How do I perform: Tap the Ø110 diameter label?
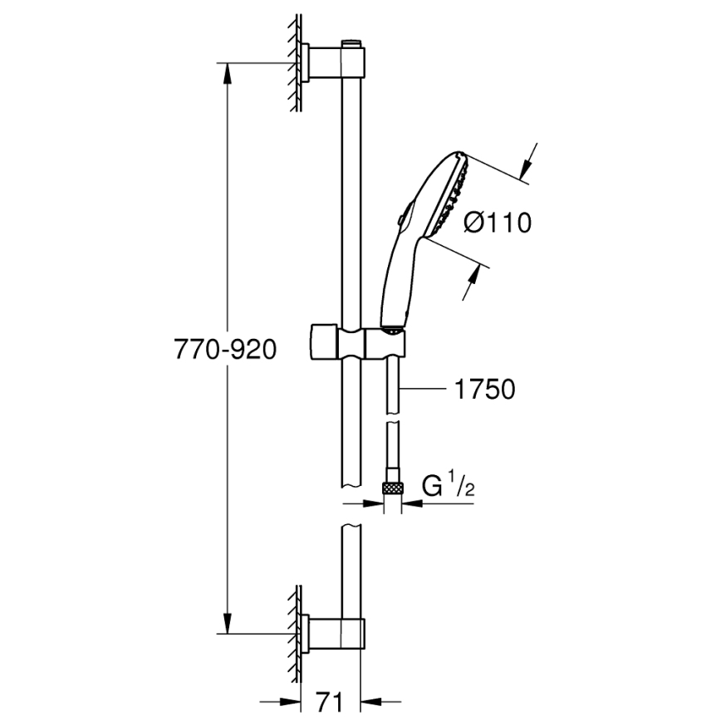coord(497,223)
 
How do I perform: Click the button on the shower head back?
coord(401,220)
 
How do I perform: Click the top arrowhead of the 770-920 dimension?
coord(227,71)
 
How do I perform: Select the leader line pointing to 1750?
coord(428,389)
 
